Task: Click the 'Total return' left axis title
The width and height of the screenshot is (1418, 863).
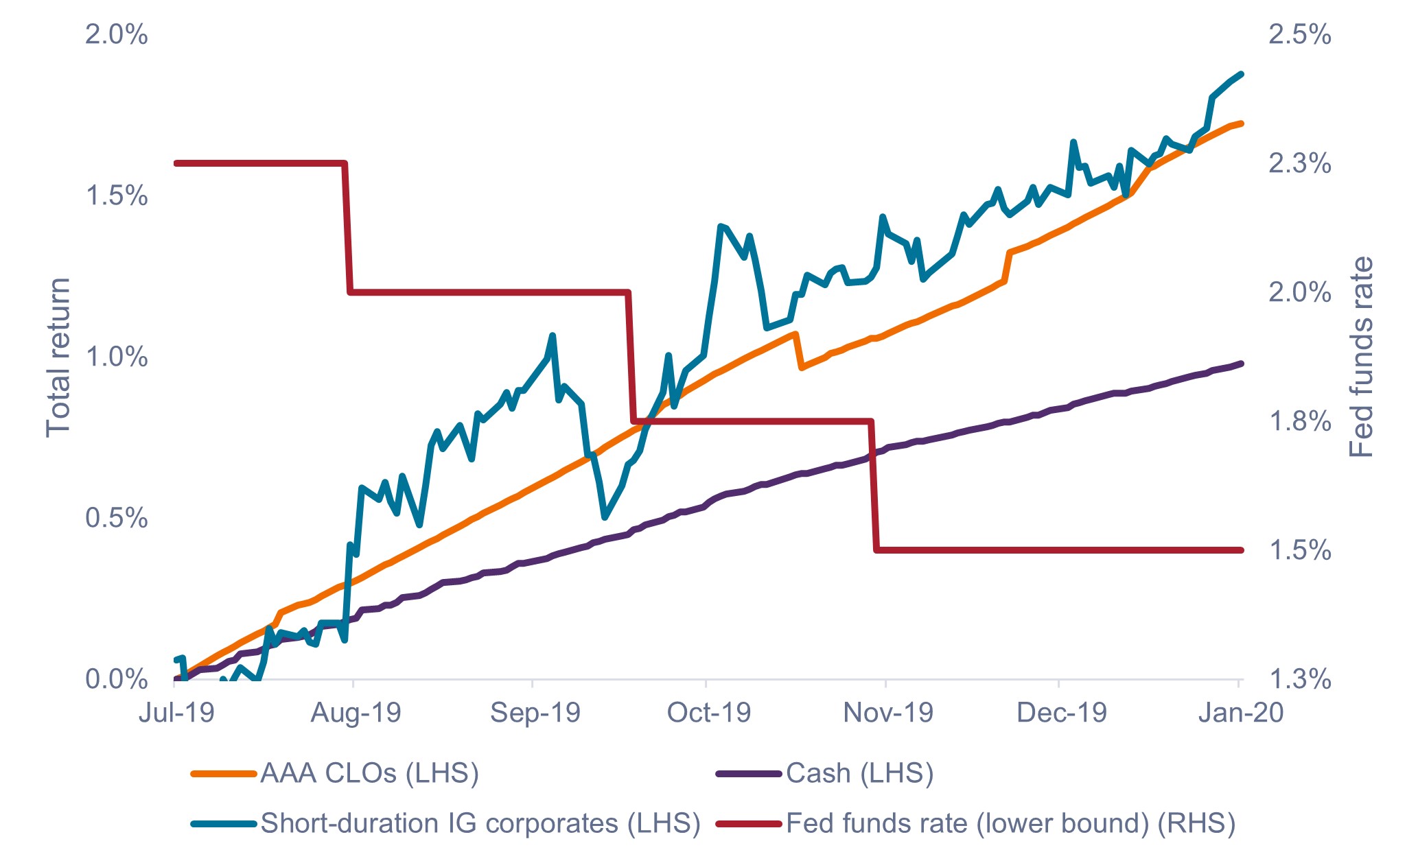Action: tap(58, 357)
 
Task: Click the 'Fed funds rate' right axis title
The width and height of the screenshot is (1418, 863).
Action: tap(1362, 357)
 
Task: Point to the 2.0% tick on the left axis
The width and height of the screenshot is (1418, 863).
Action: tap(116, 34)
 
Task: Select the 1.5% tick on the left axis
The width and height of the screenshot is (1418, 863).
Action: tap(116, 196)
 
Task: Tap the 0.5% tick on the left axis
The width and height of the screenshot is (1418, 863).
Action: tap(116, 519)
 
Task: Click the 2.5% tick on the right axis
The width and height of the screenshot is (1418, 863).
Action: tap(1299, 34)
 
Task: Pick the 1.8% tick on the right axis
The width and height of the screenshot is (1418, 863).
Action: tap(1299, 421)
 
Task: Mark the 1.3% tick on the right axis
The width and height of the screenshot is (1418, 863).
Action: tap(1299, 679)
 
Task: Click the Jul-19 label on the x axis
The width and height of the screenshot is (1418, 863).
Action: tap(176, 713)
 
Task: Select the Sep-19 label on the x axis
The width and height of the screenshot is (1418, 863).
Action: tap(535, 713)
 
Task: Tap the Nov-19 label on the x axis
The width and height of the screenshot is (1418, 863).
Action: tap(888, 713)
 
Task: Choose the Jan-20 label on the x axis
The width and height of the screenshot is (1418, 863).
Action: tap(1240, 713)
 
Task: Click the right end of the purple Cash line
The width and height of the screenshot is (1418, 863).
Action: tap(1242, 363)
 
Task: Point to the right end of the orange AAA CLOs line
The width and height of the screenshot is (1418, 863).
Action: tap(1242, 123)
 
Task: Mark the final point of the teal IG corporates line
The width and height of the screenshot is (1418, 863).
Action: tap(1242, 73)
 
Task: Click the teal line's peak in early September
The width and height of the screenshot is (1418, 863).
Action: tap(553, 335)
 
